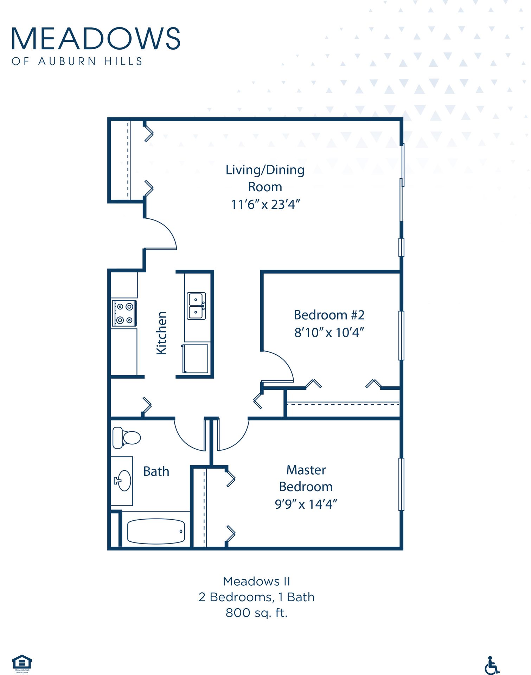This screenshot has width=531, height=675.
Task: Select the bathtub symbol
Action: [x=156, y=531]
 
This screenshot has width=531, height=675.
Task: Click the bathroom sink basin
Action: [x=123, y=481]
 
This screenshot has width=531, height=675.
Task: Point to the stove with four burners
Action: [x=124, y=313]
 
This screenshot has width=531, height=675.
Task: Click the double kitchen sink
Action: [x=196, y=306]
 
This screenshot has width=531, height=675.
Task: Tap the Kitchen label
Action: [x=161, y=333]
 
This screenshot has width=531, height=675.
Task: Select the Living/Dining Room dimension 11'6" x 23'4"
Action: [x=265, y=204]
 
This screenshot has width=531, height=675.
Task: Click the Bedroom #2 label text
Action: [x=329, y=315]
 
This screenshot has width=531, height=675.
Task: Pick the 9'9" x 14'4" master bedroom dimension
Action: [x=306, y=504]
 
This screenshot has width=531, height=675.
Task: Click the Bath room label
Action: [x=156, y=471]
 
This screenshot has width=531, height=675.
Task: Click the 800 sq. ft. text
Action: [x=256, y=613]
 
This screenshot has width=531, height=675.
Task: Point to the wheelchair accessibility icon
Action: [x=492, y=665]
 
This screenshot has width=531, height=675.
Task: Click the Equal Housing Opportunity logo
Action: [x=22, y=663]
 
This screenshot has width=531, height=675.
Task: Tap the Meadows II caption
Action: [x=256, y=581]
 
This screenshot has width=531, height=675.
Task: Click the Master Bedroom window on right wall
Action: [x=401, y=484]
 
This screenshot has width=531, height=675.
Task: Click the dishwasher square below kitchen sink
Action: [x=196, y=359]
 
